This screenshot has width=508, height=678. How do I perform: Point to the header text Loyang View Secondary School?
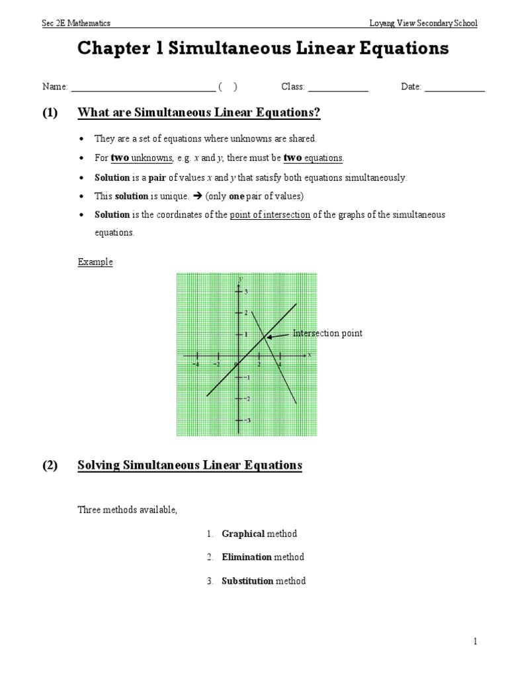(x=423, y=23)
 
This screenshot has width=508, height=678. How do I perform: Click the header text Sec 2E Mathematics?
(x=76, y=23)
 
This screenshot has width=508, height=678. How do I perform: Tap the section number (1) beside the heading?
(x=50, y=113)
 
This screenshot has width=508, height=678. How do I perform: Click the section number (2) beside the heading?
(x=50, y=465)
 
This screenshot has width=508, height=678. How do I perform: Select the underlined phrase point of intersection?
(x=270, y=215)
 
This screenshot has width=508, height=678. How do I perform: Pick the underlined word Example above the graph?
(x=95, y=262)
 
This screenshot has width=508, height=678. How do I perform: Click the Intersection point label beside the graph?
(x=327, y=334)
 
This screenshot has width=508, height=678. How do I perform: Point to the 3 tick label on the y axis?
(x=245, y=291)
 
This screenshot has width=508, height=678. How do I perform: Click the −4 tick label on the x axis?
(x=195, y=363)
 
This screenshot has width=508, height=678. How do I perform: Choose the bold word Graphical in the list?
(x=243, y=534)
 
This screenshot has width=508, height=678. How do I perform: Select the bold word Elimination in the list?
(x=246, y=557)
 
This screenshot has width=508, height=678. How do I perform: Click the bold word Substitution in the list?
(x=247, y=581)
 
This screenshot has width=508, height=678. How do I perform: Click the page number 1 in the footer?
(x=475, y=642)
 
